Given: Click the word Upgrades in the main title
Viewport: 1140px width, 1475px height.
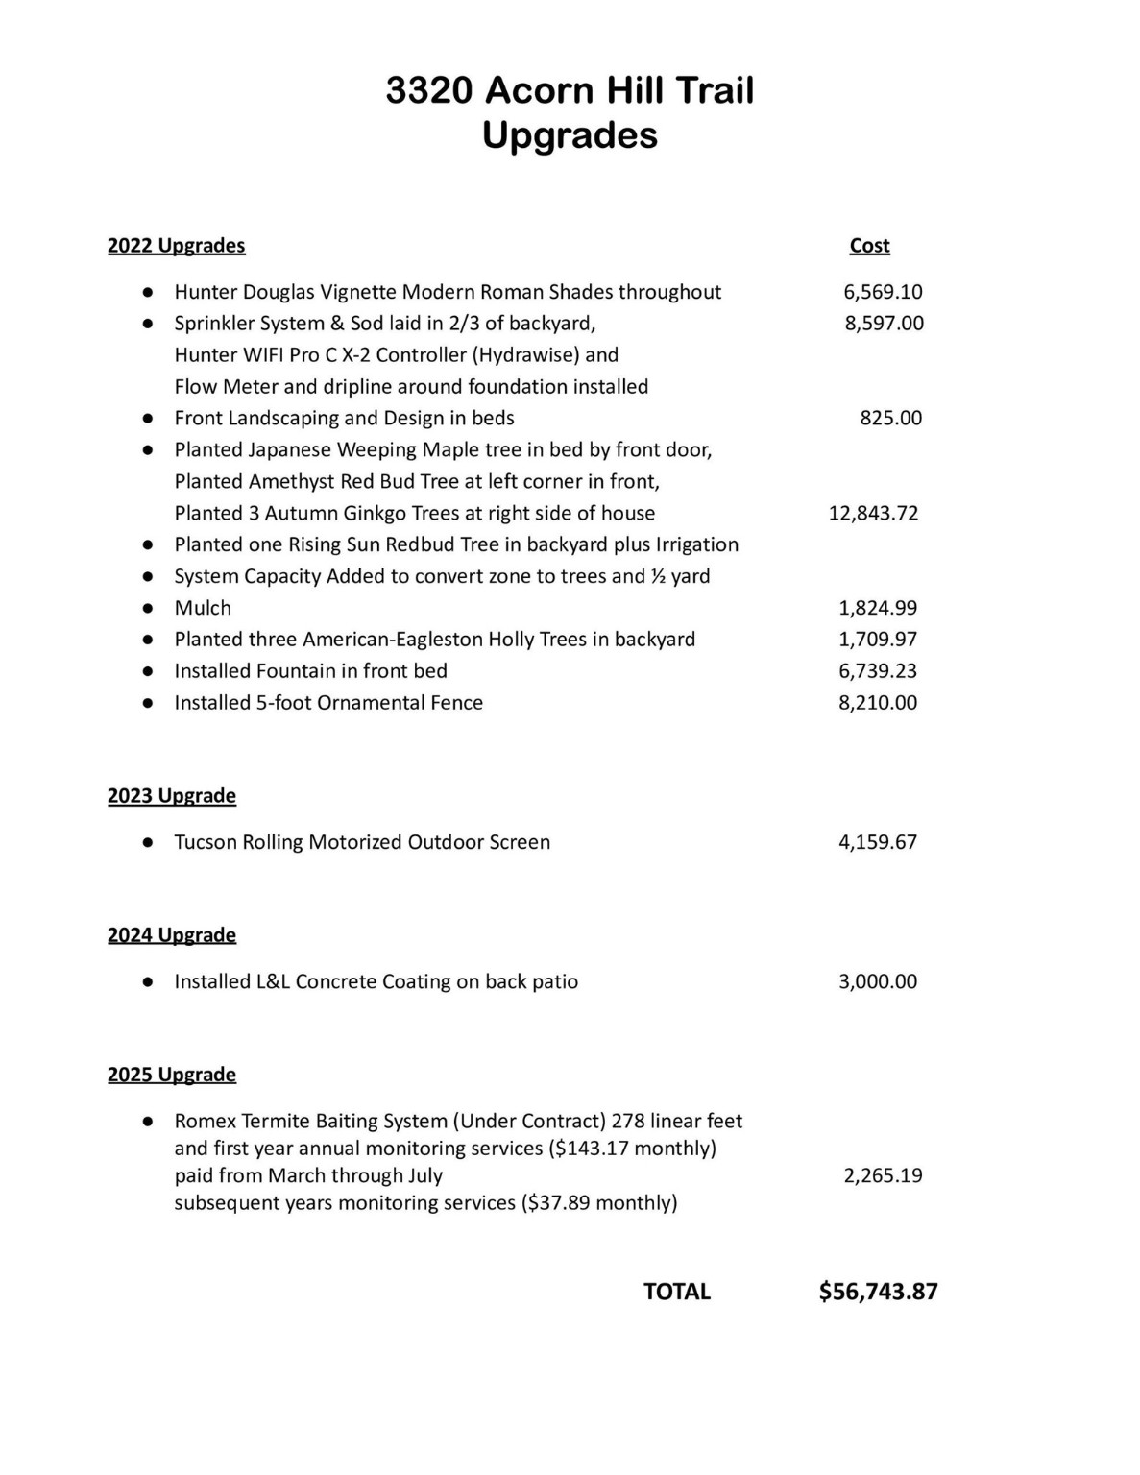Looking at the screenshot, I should click(x=570, y=135).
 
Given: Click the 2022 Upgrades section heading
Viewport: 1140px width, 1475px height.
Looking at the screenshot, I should click(x=176, y=246).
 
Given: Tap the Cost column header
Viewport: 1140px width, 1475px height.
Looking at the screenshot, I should click(x=869, y=246).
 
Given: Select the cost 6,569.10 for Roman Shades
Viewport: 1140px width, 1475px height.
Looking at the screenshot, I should click(x=883, y=292).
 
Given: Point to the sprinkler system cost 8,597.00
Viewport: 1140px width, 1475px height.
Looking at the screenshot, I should click(x=884, y=324).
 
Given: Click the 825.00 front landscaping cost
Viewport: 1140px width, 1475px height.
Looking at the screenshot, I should click(x=890, y=418).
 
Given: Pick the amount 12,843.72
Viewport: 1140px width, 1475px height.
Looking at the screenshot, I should click(x=873, y=513).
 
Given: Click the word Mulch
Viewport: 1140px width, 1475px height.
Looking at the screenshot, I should click(x=203, y=608).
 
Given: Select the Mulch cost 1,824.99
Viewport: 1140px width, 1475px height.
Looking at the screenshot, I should click(x=878, y=608).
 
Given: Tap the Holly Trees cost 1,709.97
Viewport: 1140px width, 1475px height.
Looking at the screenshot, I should click(x=878, y=640).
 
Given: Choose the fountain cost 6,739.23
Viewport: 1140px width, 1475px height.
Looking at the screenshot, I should click(x=878, y=671).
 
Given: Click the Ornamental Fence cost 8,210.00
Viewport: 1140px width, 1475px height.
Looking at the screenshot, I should click(x=878, y=703).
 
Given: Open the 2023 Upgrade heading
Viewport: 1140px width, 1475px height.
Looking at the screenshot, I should click(x=172, y=796).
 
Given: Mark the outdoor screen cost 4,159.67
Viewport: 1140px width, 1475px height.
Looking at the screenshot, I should click(x=878, y=842).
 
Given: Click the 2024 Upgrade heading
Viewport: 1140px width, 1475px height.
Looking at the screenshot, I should click(x=172, y=935).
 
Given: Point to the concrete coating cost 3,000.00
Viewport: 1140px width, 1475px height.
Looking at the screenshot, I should click(x=878, y=981).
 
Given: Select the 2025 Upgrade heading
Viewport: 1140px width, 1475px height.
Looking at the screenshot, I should click(x=172, y=1075).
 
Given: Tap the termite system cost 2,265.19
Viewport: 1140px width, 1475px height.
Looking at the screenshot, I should click(x=883, y=1175).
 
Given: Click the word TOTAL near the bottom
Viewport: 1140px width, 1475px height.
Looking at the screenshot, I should click(x=677, y=1292).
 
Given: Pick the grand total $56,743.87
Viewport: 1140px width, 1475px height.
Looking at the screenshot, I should click(x=878, y=1292).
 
